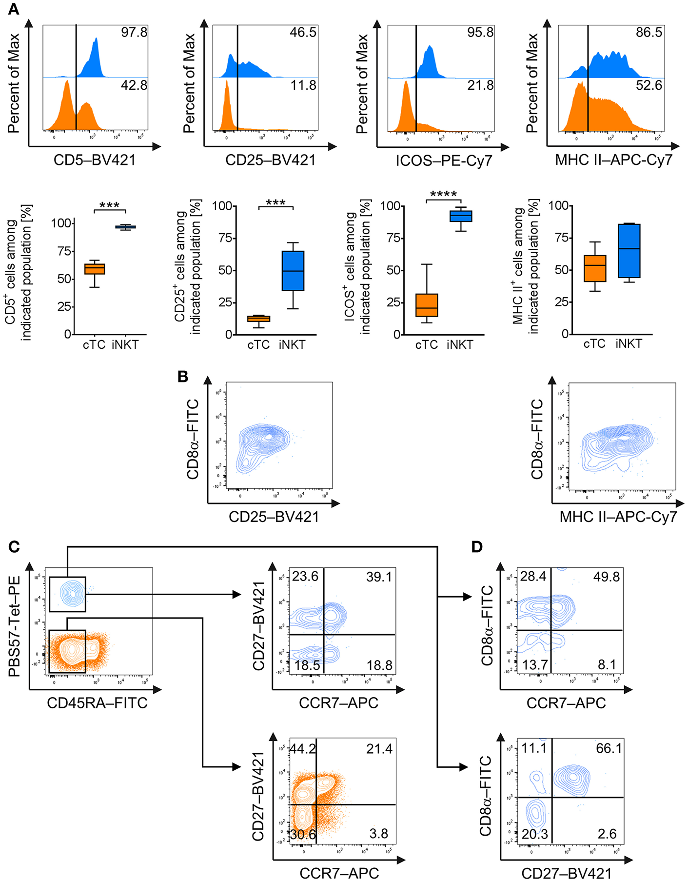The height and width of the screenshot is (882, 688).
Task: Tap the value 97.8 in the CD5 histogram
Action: [134, 33]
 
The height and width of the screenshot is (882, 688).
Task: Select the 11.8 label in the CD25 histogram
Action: [303, 86]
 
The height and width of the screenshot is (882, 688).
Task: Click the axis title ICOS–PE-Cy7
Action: [444, 160]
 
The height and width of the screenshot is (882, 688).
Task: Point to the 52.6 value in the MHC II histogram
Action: [649, 86]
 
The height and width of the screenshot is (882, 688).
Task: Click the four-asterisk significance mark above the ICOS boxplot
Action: [443, 194]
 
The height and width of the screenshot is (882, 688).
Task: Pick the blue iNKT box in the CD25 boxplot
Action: [293, 271]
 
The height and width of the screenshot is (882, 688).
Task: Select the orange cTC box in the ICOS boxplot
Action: [427, 305]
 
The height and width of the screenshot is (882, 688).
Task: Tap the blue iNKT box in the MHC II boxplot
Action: [629, 251]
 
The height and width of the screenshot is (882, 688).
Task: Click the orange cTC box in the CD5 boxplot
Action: [95, 269]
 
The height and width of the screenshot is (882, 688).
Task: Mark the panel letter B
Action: [183, 377]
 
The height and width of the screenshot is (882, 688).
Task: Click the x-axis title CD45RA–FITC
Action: [97, 703]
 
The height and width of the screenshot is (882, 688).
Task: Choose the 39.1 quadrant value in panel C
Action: [379, 577]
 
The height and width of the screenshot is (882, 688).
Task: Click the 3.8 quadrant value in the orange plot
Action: [379, 834]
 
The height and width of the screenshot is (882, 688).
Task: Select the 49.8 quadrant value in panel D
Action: [607, 577]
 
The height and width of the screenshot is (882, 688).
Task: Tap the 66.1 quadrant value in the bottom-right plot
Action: [609, 749]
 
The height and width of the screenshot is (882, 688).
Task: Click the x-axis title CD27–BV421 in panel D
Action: [567, 873]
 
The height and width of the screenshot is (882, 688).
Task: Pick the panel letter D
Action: [476, 547]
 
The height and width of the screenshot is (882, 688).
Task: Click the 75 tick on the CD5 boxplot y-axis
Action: [64, 251]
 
